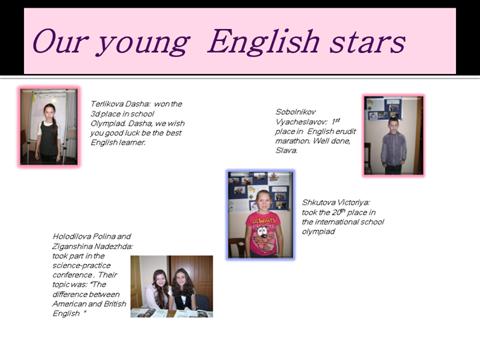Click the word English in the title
263,42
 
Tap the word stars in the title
367,43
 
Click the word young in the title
143,44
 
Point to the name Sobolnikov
295,112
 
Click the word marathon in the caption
292,140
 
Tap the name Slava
286,150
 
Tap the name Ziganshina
72,246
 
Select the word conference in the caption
72,275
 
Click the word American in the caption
70,304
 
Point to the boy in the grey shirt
393,146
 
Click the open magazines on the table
172,313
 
